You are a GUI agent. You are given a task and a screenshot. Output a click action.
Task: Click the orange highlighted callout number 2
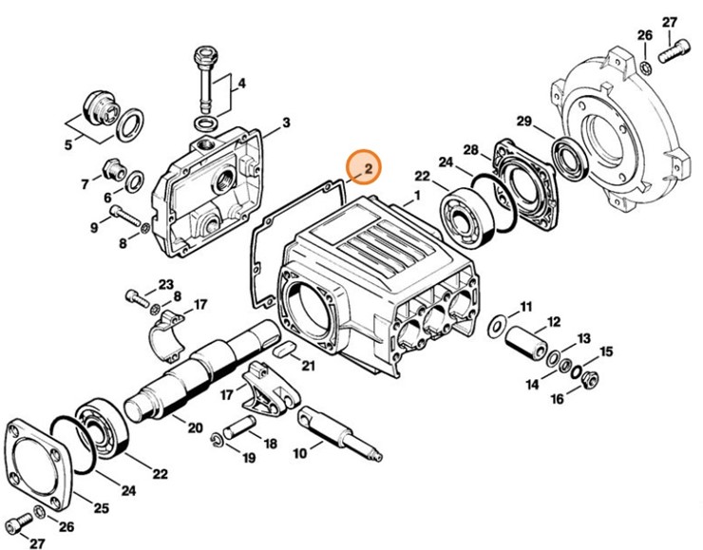coord(363,168)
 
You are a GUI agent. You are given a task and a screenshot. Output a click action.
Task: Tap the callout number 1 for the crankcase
coord(416,198)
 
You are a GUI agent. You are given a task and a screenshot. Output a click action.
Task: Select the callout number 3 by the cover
coord(286,123)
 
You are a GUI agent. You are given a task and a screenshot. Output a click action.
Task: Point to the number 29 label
coord(522,121)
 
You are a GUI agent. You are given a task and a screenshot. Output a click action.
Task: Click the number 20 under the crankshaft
coord(195,427)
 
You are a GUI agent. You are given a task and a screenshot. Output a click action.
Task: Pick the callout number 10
coord(301,453)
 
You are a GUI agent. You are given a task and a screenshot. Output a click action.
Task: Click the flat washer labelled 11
coord(495,327)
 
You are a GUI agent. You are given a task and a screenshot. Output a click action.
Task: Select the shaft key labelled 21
coord(282,351)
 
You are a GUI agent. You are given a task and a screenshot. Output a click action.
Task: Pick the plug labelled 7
coord(114,170)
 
